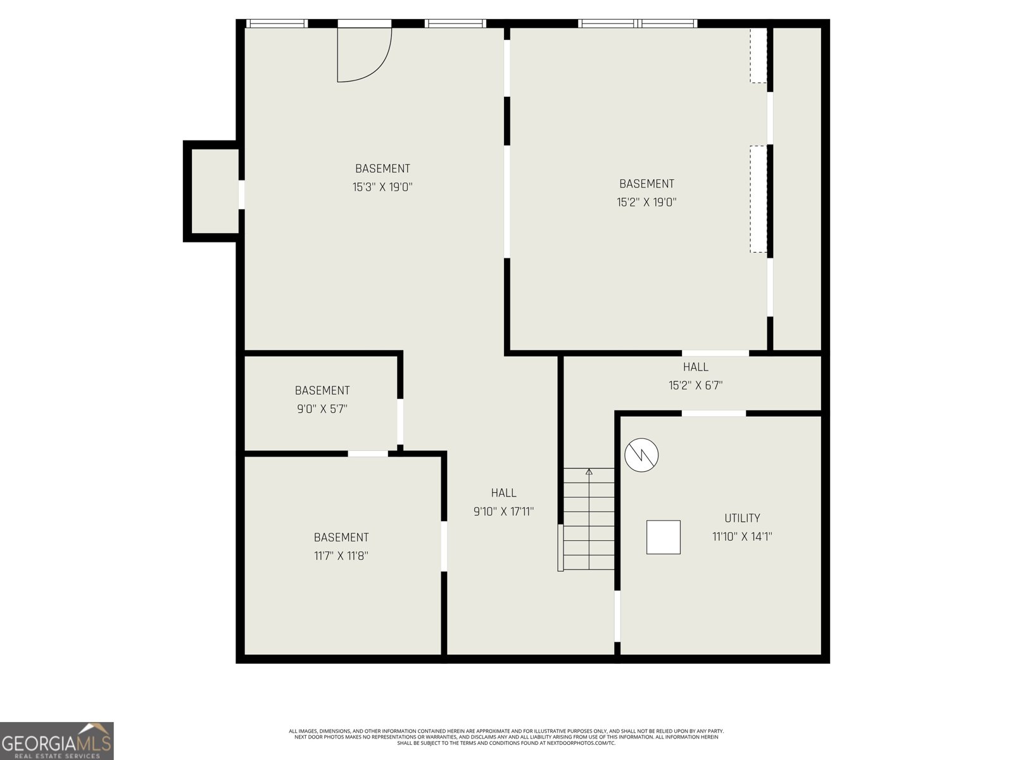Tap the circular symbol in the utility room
click(641, 455)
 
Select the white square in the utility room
click(663, 537)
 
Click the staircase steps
click(589, 519)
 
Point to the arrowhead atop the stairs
click(589, 472)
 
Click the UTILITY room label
click(742, 518)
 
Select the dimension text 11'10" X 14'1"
click(742, 536)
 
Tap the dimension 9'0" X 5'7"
click(322, 409)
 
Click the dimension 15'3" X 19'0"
click(382, 187)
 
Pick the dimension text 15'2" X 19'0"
click(646, 202)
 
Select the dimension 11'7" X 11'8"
click(341, 555)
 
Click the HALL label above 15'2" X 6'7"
click(695, 367)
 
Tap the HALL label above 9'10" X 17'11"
click(503, 493)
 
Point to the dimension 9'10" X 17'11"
click(503, 511)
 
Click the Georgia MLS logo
click(57, 740)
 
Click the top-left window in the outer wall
click(277, 23)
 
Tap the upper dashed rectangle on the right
click(758, 55)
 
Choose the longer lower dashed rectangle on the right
click(758, 199)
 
